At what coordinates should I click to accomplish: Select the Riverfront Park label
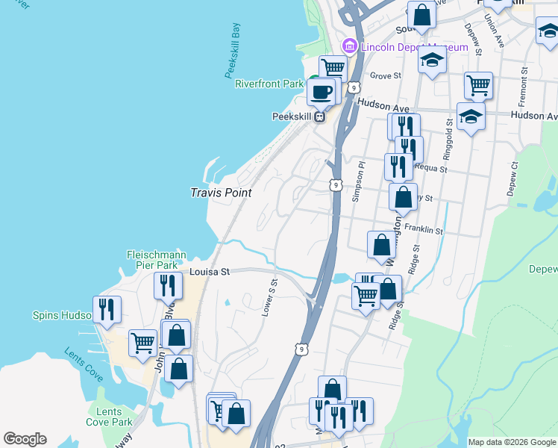[x=269, y=84]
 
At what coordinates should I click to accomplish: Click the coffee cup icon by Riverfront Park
[x=321, y=93]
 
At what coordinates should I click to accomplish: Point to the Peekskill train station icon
[x=320, y=116]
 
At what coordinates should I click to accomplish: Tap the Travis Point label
[x=221, y=193]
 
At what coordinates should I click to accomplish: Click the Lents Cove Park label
[x=110, y=417]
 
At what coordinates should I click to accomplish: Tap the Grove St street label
[x=386, y=76]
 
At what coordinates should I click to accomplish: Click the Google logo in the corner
[x=25, y=439]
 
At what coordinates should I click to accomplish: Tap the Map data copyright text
[x=512, y=442]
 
